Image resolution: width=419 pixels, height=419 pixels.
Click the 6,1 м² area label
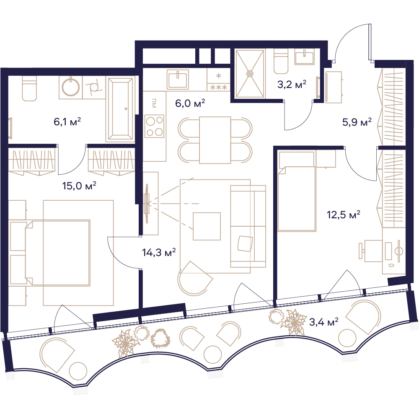67,122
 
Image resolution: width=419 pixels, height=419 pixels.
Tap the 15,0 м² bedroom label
79,186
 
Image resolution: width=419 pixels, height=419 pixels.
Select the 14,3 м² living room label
159,252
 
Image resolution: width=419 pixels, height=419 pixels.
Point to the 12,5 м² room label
344,215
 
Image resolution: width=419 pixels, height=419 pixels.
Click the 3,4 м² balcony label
323,322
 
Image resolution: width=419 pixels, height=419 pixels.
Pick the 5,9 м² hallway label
357,122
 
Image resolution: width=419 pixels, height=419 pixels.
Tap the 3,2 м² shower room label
292,85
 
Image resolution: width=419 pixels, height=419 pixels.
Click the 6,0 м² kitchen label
190,103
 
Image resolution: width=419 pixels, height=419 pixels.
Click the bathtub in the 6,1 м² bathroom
120,109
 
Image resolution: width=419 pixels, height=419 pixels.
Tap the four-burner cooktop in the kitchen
154,126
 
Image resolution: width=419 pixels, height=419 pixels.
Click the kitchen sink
178,79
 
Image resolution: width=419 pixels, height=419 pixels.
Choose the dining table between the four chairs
215,140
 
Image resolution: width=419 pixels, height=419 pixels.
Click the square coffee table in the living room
207,226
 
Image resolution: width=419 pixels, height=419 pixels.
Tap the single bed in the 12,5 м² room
297,191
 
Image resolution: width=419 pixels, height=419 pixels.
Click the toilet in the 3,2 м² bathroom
281,62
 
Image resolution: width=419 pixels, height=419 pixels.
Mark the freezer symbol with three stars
219,87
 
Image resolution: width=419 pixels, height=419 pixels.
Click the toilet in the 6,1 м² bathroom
29,88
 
